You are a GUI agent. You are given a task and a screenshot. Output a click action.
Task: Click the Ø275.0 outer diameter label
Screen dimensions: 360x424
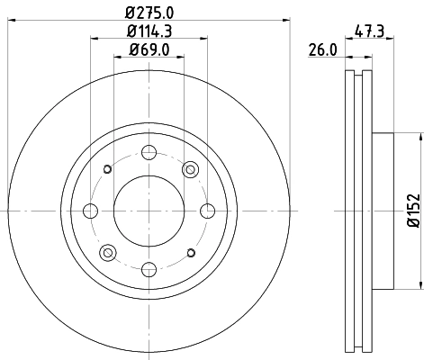tap(149, 12)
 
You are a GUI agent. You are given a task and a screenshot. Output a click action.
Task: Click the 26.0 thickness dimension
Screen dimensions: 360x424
tap(321, 50)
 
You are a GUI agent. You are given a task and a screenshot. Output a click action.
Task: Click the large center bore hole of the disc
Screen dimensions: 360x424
tap(149, 211)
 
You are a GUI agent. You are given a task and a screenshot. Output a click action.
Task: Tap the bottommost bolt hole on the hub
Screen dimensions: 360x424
tap(149, 267)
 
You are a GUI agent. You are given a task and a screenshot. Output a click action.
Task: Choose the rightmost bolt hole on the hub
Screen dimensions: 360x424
tap(206, 211)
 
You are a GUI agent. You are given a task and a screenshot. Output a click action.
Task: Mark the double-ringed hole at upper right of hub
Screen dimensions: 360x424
tap(189, 170)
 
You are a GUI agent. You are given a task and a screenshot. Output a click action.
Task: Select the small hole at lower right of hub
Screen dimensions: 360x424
tap(189, 252)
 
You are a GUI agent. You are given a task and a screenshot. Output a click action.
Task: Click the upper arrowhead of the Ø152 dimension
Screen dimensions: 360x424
tap(420, 137)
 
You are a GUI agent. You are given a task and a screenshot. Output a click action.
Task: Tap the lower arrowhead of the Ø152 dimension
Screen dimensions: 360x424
tap(420, 285)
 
